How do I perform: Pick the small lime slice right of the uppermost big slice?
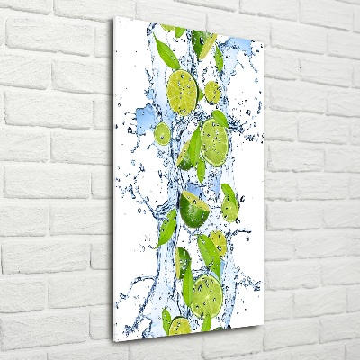pyautogui.click(x=212, y=91)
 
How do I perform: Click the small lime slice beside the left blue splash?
pyautogui.click(x=162, y=134)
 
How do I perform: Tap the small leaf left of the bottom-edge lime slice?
pyautogui.click(x=166, y=318)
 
